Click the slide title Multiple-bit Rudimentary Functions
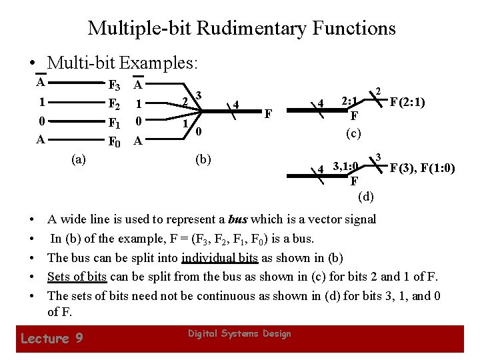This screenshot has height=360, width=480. click(241, 28)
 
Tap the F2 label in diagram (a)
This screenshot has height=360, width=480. click(114, 104)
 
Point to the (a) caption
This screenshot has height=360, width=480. click(78, 159)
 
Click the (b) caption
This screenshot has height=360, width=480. click(202, 159)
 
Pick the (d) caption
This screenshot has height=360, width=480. click(366, 196)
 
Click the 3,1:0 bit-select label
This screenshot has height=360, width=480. click(346, 166)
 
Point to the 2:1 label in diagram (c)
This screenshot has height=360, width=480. click(350, 102)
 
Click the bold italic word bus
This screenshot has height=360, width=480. click(237, 219)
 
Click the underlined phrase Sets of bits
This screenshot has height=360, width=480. click(77, 276)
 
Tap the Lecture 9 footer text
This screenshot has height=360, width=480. click(52, 338)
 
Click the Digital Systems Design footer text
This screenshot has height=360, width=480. click(239, 333)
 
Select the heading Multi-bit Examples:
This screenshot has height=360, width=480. click(123, 63)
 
